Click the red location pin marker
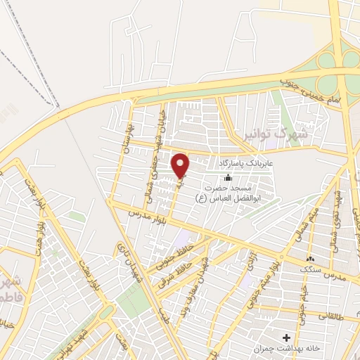click(x=181, y=165)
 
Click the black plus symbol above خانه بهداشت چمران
click(x=286, y=337)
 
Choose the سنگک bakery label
click(x=308, y=269)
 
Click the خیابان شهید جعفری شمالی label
click(x=155, y=151)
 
